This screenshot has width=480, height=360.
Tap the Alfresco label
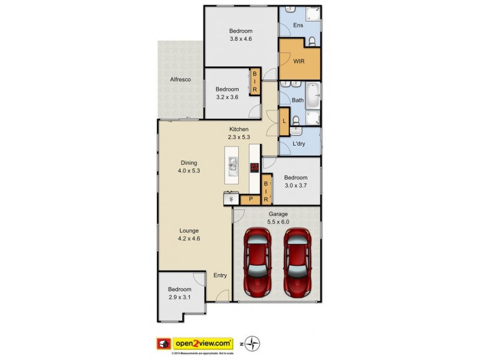[x=180, y=79]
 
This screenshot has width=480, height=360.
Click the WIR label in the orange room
[x=299, y=60]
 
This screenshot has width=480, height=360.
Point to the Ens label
[x=298, y=25]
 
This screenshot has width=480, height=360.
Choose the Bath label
[x=298, y=100]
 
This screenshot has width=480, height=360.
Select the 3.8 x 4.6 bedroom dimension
[x=241, y=39]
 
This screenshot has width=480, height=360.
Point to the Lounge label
[x=188, y=230]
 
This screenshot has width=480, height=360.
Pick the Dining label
[x=188, y=162]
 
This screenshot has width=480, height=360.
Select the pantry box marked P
[x=250, y=198]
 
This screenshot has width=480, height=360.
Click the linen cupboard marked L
[x=284, y=121]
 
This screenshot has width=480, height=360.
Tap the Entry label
[x=220, y=275]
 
